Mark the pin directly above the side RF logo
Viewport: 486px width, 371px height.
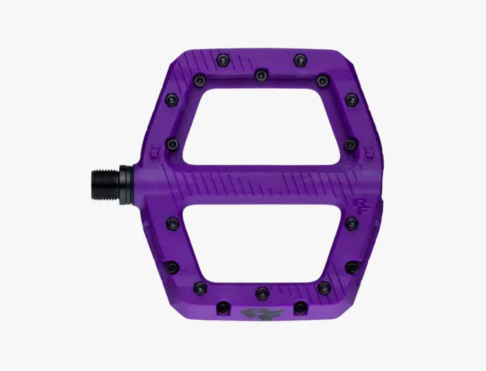(x=351, y=143)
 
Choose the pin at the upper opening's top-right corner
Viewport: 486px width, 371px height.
(x=323, y=80)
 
